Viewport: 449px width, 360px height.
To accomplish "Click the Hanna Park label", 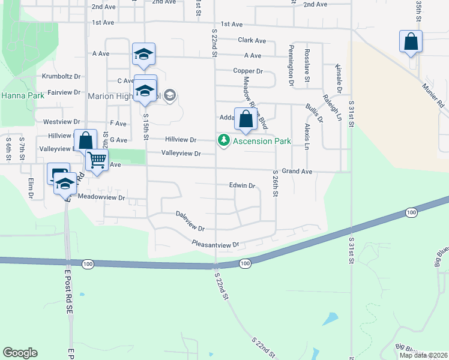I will coord(18,95).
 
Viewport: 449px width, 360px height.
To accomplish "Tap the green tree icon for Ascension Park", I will coord(223,140).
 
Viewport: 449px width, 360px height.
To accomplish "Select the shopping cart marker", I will coord(96,161).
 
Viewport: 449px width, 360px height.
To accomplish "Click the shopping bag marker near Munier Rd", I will coord(411,42).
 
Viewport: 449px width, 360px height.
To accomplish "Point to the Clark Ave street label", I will coord(252,41).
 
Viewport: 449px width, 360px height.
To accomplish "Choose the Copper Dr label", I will coord(248,71).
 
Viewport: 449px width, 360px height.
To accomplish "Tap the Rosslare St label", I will coord(307,65).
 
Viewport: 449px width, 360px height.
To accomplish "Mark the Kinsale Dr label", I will coord(339,79).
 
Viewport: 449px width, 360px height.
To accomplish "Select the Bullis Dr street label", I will coord(314,112).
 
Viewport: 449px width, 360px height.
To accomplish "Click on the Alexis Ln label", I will coord(307,137).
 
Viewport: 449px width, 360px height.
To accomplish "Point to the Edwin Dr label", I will coord(243,185).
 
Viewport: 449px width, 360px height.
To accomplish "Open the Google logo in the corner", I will coord(20,353).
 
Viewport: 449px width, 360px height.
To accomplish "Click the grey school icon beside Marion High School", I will coord(169,95).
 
